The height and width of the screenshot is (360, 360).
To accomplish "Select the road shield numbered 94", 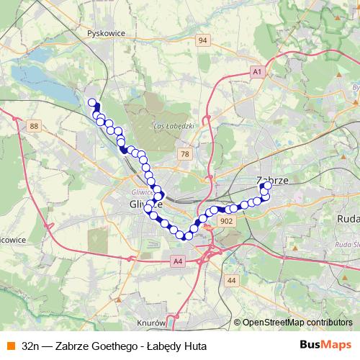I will [204, 41].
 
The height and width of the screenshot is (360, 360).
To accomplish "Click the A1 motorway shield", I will [257, 72].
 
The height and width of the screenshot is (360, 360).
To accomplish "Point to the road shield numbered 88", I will [34, 127].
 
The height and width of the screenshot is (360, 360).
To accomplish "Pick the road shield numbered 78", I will [186, 154].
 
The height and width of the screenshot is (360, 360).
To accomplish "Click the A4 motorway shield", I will [178, 261].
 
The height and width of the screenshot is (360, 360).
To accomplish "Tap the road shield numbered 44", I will [230, 279].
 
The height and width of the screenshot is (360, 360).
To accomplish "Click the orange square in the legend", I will [9, 346].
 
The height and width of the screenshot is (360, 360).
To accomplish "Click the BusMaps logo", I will [325, 346].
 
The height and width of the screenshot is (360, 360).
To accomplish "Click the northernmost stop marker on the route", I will [91, 102].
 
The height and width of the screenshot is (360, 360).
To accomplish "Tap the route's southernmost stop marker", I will [188, 235].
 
